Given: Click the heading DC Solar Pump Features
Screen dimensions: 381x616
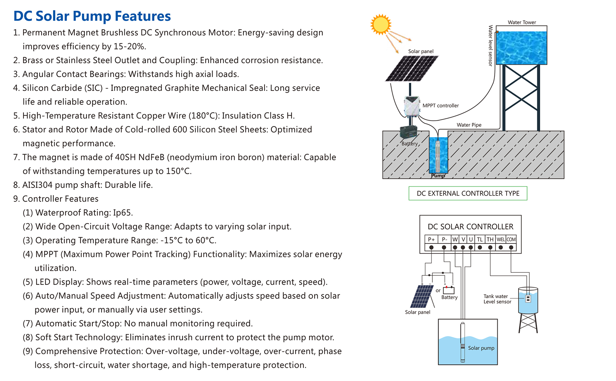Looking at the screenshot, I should [x=92, y=16].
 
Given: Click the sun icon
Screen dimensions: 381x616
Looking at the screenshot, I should [x=380, y=24].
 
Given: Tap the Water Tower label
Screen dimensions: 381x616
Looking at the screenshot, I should [x=522, y=22].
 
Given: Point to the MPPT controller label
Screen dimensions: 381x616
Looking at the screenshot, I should [x=440, y=106].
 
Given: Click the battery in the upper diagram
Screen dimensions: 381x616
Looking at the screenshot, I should [x=408, y=132].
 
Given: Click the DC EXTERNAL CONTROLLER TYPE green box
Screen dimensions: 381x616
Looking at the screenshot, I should [x=468, y=193].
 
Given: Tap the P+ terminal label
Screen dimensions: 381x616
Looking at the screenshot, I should [x=431, y=239].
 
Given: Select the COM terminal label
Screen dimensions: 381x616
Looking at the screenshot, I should [x=511, y=239].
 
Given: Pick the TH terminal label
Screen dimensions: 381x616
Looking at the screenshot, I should [x=490, y=239].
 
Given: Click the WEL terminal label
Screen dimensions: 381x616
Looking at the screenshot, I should [x=500, y=239].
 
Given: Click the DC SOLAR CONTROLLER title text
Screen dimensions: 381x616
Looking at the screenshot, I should [x=470, y=227].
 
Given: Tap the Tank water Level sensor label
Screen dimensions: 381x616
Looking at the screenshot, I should [x=497, y=299].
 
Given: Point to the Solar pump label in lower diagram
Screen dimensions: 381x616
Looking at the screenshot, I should [x=481, y=348].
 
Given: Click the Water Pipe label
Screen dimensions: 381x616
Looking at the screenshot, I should [x=469, y=125].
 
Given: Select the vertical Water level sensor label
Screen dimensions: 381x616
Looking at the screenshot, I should [x=490, y=45].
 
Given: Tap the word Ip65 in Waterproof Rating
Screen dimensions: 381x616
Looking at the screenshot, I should [x=122, y=213].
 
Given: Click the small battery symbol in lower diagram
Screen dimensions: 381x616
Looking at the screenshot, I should [x=449, y=290].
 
